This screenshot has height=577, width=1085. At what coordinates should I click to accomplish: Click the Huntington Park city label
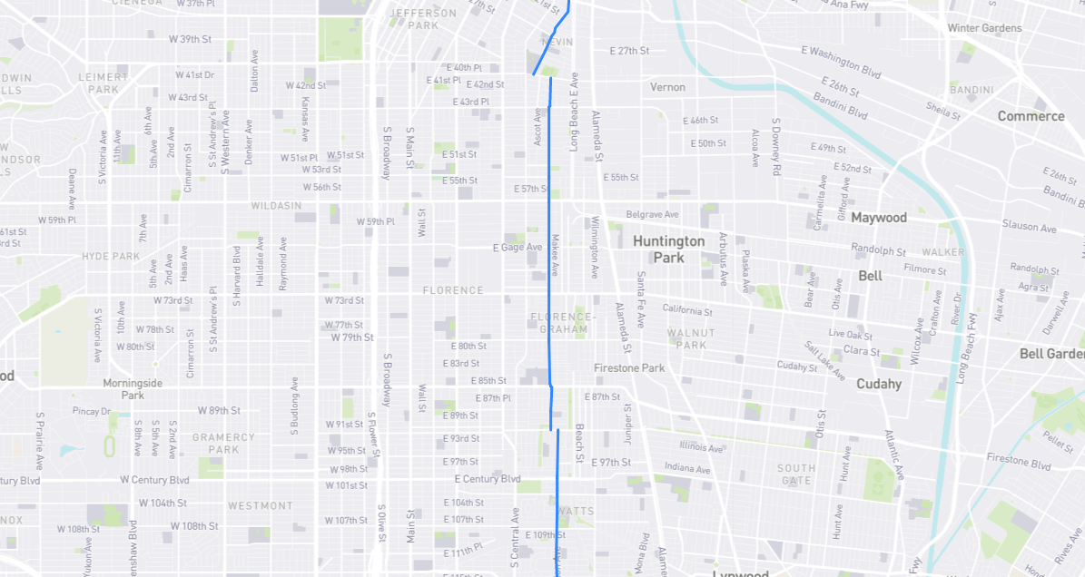click(668, 249)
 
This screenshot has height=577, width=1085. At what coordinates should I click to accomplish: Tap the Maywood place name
click(878, 218)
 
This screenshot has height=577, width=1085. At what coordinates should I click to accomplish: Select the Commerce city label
click(1031, 116)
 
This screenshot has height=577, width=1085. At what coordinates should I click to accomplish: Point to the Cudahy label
click(878, 384)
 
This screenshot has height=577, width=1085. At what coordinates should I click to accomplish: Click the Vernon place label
click(667, 87)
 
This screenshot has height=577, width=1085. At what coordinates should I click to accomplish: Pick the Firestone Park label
click(629, 367)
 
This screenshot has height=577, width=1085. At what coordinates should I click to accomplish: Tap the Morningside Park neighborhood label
click(133, 388)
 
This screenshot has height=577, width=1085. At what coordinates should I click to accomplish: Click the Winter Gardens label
click(984, 28)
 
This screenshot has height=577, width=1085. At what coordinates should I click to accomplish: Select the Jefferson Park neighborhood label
click(423, 19)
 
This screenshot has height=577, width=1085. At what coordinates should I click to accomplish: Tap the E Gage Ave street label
click(517, 247)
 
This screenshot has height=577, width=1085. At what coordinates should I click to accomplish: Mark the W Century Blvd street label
click(154, 480)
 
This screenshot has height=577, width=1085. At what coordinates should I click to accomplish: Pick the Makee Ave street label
click(555, 254)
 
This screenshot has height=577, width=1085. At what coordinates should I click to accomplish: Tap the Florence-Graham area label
click(563, 322)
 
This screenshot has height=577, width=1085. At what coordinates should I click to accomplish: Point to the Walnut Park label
click(691, 338)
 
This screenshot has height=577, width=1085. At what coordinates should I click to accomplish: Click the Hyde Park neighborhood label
click(111, 257)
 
